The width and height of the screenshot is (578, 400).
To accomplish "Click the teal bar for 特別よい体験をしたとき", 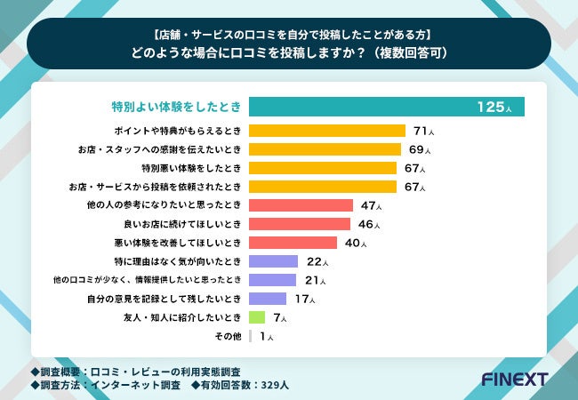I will [x=387, y=107].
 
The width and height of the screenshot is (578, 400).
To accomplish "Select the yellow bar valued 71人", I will [x=326, y=131].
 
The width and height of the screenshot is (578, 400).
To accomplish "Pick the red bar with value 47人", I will [x=301, y=204].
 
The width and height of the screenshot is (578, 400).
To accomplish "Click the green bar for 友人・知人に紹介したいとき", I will [x=257, y=316].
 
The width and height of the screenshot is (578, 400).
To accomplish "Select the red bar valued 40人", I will [x=293, y=242].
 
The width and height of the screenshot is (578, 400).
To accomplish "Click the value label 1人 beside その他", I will [x=266, y=336].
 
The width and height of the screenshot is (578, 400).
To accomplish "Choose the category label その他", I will [x=229, y=336].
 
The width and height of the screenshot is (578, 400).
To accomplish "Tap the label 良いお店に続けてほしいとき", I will [x=185, y=224].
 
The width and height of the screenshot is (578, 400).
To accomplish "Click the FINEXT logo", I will [x=514, y=380].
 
